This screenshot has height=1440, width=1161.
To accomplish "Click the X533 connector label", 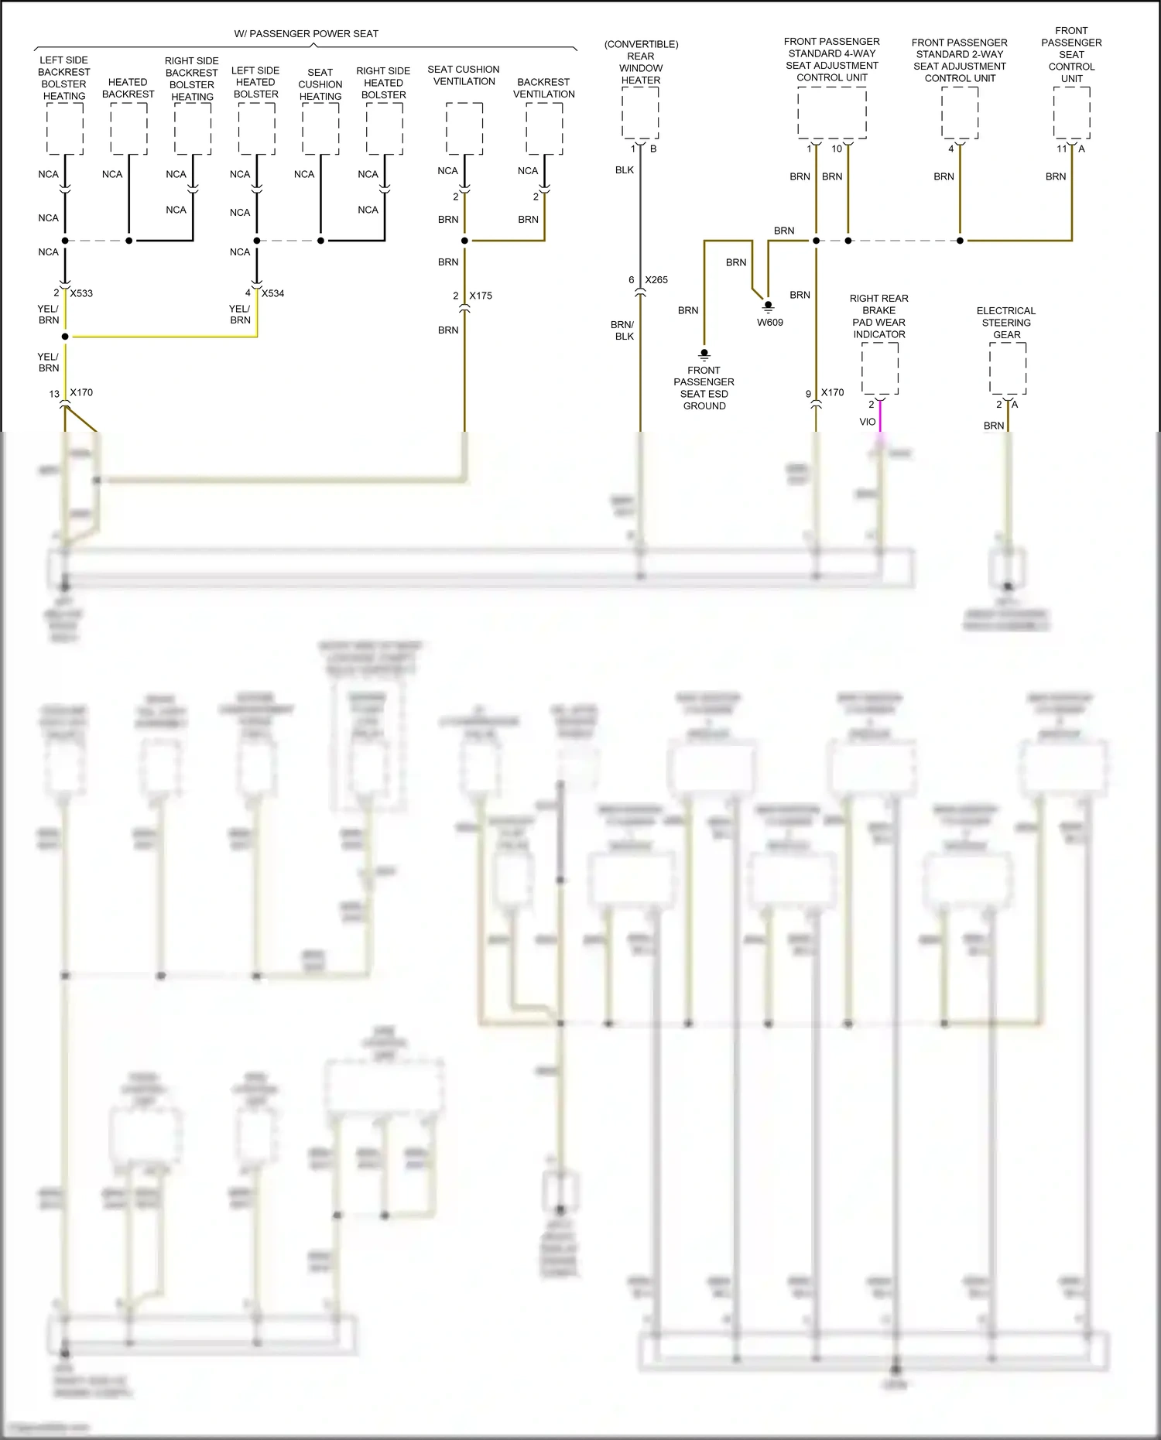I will tap(81, 293).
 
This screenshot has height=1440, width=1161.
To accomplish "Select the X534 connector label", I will tap(272, 293).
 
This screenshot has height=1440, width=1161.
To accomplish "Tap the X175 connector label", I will tap(481, 296).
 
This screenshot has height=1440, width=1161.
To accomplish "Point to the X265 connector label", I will tap(656, 280).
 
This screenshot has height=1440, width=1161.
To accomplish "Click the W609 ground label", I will tap(770, 323).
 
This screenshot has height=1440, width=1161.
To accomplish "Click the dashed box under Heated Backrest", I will tap(128, 128).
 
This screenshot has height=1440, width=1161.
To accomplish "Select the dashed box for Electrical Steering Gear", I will tap(1008, 368).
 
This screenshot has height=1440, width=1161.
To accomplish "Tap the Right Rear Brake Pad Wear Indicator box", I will tap(880, 368).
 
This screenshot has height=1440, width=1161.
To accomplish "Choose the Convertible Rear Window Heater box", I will tap(641, 113).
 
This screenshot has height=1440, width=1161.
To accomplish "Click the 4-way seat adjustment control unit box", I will tap(832, 113).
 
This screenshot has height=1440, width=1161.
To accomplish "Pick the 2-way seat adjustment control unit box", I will tap(960, 113).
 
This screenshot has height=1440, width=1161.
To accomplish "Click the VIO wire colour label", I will tap(868, 422).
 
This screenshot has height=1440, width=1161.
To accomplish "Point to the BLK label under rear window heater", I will tap(625, 170).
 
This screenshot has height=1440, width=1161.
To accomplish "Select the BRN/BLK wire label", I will tap(622, 330).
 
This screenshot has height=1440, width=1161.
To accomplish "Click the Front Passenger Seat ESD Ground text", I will tap(704, 388).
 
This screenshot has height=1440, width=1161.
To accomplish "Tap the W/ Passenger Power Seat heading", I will tap(307, 34).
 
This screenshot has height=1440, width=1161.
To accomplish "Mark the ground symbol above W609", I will tap(769, 306).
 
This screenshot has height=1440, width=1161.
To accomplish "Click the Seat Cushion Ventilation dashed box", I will tap(464, 128).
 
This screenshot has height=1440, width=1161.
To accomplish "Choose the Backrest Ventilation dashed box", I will tap(544, 128).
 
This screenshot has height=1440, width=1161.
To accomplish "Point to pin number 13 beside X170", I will tap(54, 394).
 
